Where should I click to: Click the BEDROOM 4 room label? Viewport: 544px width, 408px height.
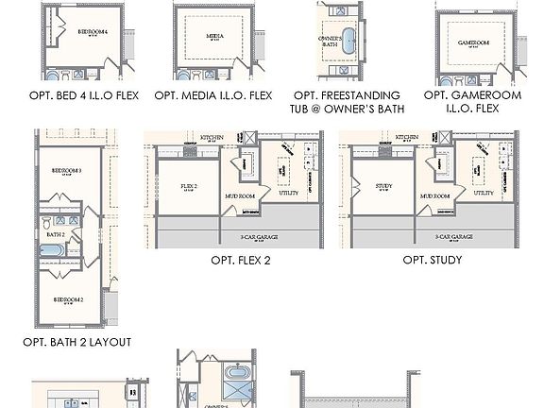pyautogui.click(x=92, y=31)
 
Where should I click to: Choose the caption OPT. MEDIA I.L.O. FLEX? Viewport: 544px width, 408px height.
pyautogui.click(x=213, y=95)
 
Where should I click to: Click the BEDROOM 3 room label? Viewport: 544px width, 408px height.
pyautogui.click(x=67, y=171)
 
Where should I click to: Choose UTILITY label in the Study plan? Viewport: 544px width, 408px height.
pyautogui.click(x=484, y=193)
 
